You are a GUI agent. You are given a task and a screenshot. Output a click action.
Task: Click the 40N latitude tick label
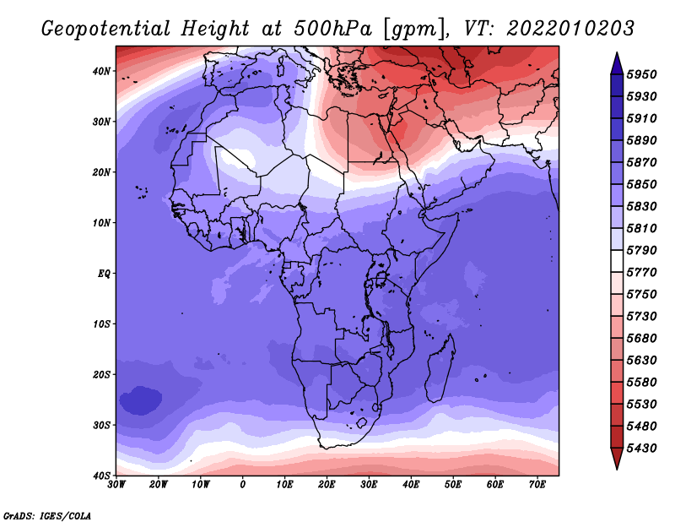coord(101,71)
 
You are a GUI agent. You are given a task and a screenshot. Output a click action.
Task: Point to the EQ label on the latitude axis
coord(103,274)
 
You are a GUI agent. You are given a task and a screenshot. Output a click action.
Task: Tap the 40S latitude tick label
coord(101,476)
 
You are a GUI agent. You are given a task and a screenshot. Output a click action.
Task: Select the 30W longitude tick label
coord(116,485)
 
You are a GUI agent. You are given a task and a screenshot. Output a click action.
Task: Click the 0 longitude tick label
coord(243,485)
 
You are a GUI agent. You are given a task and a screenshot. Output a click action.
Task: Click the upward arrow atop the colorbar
coord(616,63)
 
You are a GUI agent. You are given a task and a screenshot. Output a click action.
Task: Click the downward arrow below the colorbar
coord(616,459)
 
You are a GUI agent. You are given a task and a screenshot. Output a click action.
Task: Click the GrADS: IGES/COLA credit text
coord(47,514)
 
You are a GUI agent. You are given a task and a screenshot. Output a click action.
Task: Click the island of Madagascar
coord(440,368)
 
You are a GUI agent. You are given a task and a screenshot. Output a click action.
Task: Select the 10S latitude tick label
coord(101,324)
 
